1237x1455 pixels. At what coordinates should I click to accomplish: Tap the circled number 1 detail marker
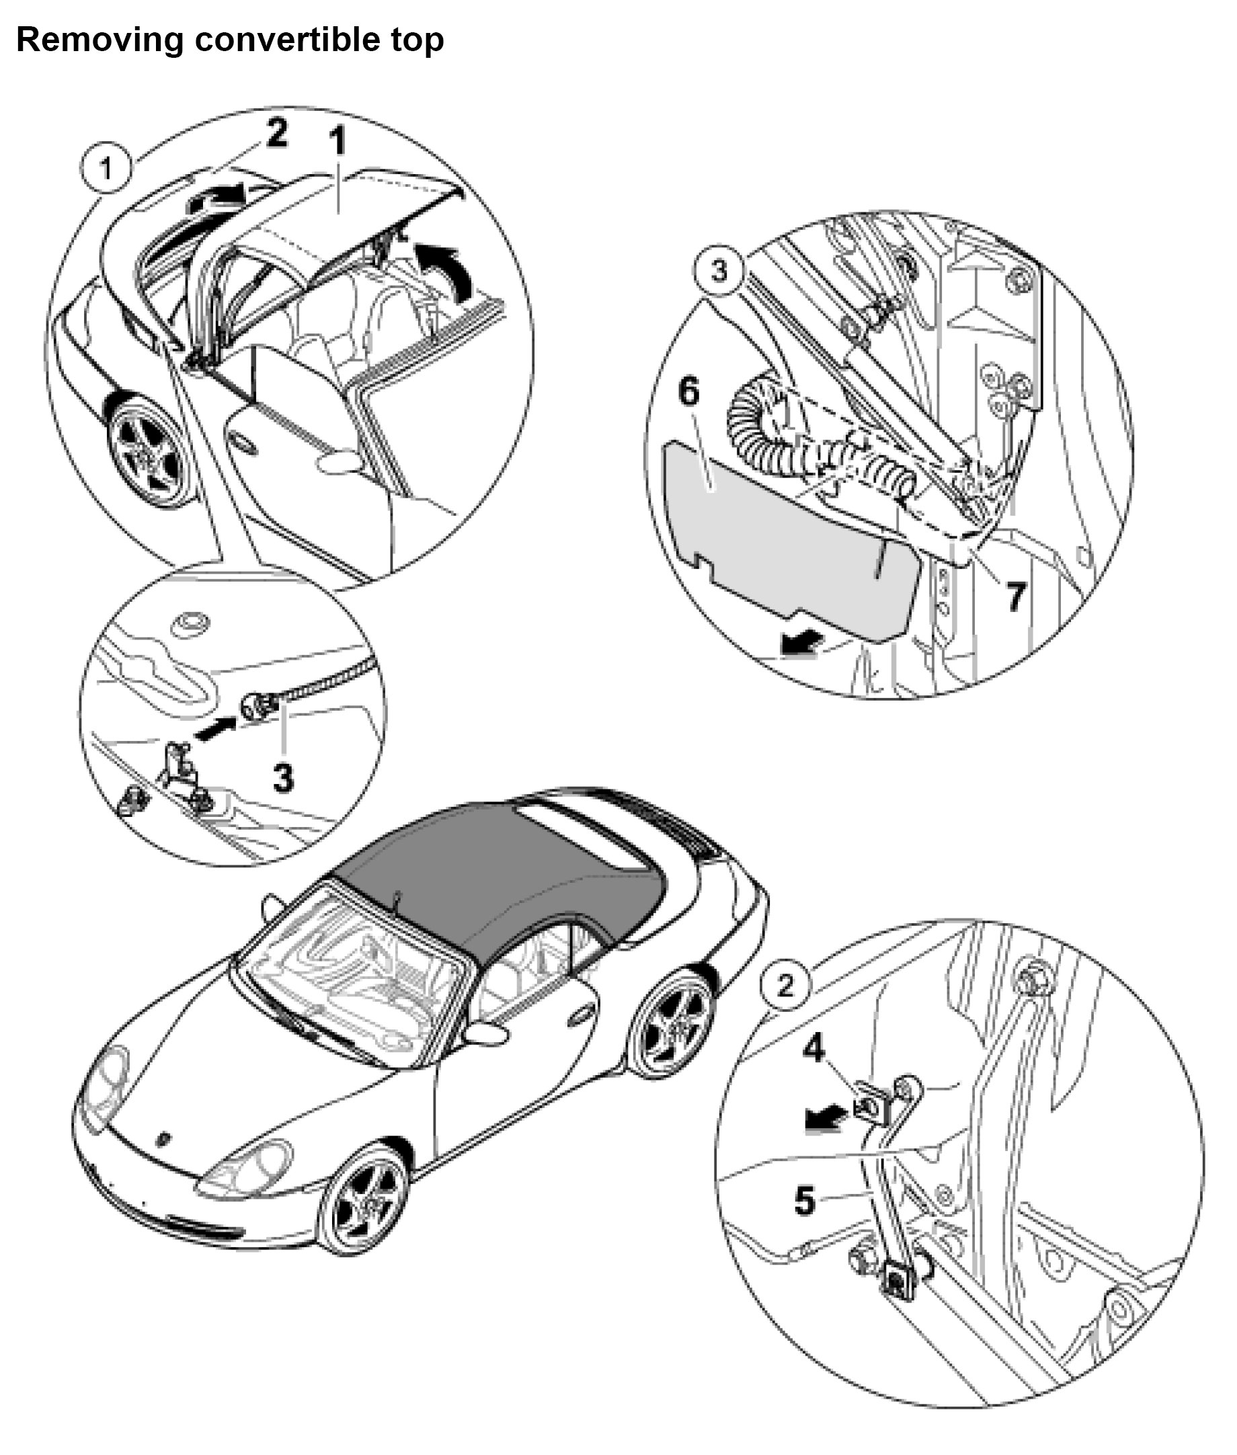coord(106,168)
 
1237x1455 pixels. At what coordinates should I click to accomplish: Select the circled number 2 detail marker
coord(785,986)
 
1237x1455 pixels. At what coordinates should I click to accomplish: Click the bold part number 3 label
coord(283,778)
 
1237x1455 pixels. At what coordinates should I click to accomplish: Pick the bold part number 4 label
coord(813,1049)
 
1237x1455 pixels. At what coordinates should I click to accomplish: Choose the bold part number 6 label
coord(688,391)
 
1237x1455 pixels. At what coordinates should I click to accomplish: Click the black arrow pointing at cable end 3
coord(215,730)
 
